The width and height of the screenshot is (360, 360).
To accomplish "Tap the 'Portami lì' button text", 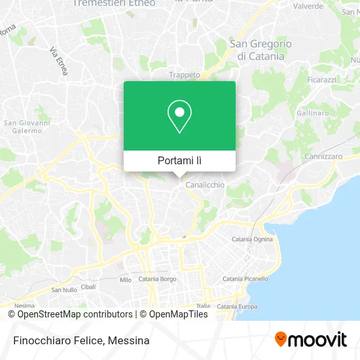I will pos(179,160).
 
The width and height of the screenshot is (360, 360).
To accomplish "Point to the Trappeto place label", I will pos(185,75).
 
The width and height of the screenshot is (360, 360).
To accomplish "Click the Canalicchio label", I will pos(205,185).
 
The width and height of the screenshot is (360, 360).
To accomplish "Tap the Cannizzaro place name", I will pos(323,156).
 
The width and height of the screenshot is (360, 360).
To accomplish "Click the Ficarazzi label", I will pos(321,79).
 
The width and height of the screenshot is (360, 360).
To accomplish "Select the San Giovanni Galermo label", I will pos(27,126).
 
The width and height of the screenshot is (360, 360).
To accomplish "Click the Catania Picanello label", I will pos(245,279).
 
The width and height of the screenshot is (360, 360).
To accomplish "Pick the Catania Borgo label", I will pos(158,279).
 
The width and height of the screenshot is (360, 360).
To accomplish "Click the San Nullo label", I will pos(64,290).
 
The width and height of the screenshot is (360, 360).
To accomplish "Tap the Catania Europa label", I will pos(237,306).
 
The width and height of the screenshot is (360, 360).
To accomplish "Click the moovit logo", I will pos(310,339).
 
